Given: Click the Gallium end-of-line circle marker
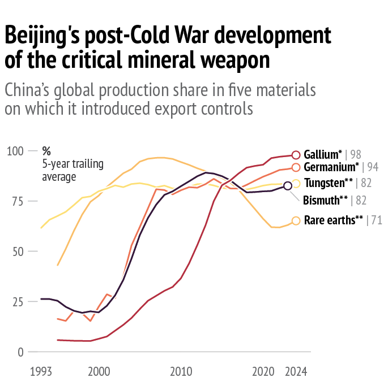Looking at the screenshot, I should tap(296, 155).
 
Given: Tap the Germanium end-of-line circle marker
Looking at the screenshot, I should tap(296, 167).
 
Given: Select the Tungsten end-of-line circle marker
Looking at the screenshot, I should tap(296, 183).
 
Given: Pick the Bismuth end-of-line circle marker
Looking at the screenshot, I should tap(288, 186).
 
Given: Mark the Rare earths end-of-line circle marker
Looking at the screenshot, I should tap(296, 221).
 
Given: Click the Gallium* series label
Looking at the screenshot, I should tap(323, 154).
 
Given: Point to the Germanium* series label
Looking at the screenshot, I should tap(331, 167).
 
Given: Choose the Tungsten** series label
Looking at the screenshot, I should tap(329, 183).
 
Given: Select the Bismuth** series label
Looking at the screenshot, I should tap(326, 200).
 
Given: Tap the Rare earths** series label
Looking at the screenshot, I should tap(333, 221).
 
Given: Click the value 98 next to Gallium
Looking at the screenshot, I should tap(356, 154).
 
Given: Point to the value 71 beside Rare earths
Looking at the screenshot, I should tap(377, 221).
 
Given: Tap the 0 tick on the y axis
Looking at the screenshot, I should tap(20, 351).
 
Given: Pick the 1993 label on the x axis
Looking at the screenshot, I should tap(41, 372).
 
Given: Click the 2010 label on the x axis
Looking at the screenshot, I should tap(181, 372).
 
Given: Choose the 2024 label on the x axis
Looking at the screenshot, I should tap(296, 372).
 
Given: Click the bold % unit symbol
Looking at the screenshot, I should tap(46, 151).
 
